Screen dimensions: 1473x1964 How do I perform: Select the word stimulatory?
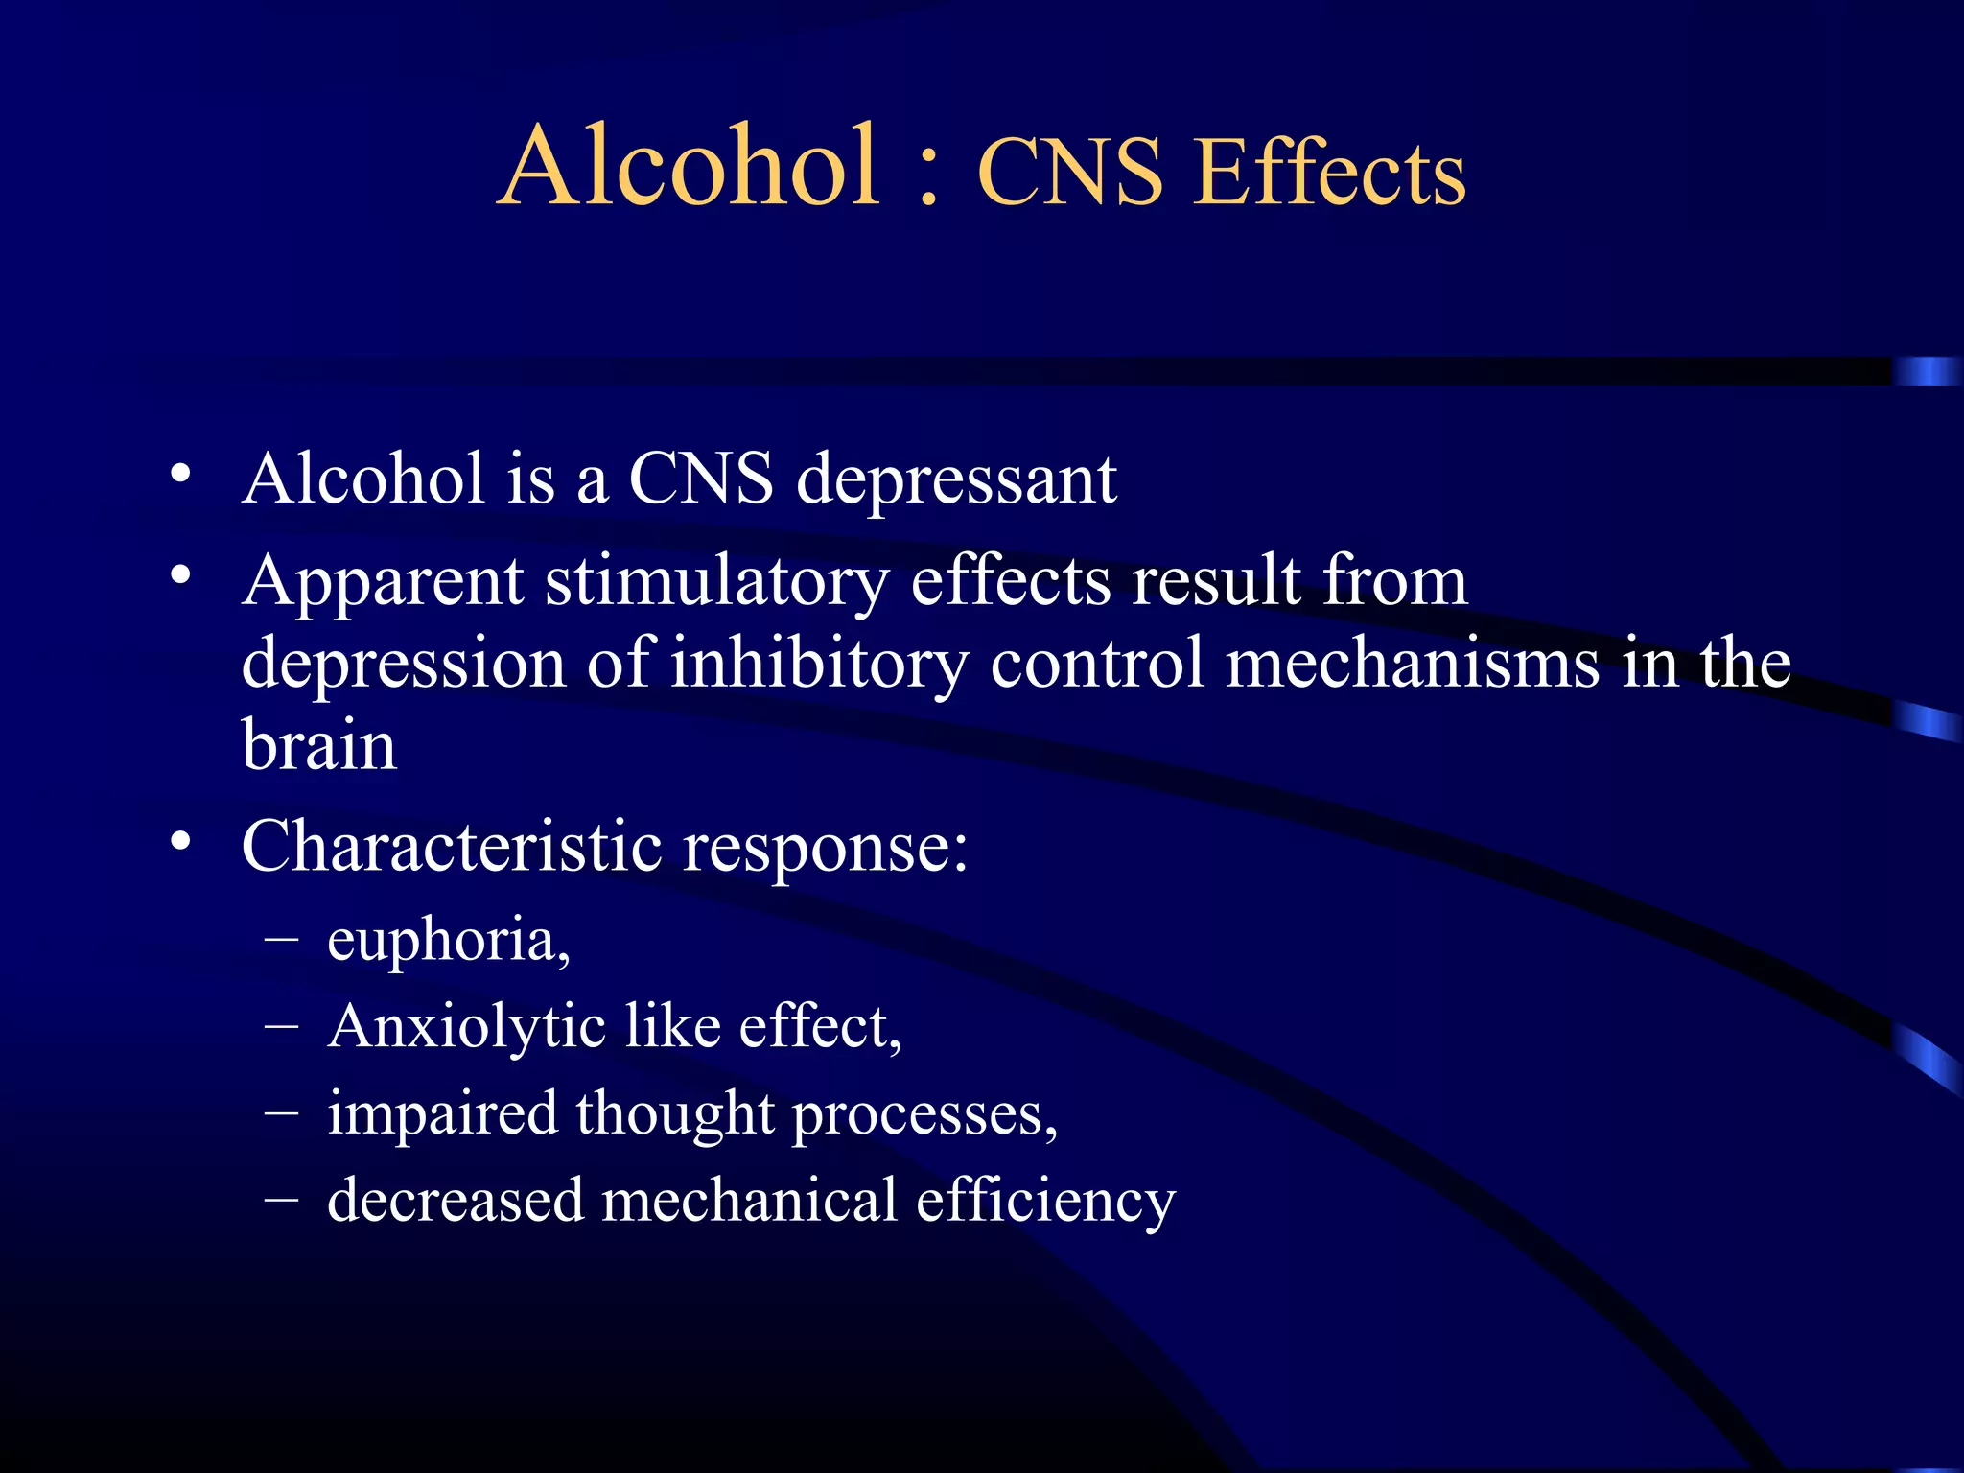click(716, 582)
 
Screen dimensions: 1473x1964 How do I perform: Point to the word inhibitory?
click(818, 664)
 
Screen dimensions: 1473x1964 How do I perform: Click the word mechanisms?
click(1413, 664)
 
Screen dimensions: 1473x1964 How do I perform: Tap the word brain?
click(318, 746)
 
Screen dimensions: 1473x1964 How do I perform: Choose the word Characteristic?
click(451, 848)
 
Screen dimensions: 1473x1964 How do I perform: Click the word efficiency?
click(1044, 1202)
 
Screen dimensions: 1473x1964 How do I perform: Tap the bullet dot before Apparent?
click(180, 575)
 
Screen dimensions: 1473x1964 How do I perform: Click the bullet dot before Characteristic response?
click(180, 841)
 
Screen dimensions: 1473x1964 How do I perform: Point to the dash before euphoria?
click(281, 936)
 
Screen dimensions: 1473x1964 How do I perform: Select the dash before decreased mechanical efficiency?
click(281, 1198)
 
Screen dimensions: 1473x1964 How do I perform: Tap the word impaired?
click(442, 1115)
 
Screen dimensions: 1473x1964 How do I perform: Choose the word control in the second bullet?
click(1096, 664)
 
